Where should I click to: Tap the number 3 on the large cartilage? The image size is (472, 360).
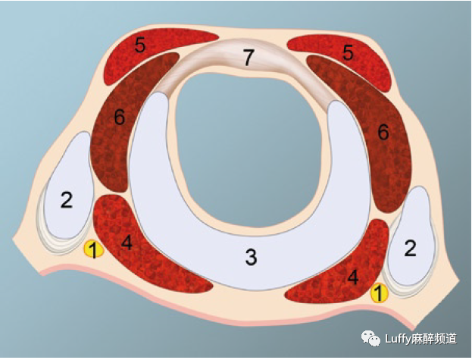point(250,257)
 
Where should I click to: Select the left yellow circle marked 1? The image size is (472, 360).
point(92,249)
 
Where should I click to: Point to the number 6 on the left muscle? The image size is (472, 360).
point(118,117)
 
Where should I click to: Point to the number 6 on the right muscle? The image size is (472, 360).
point(383,132)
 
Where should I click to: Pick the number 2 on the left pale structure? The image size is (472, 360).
point(66,200)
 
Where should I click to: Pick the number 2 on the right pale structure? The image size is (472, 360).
point(410,249)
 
